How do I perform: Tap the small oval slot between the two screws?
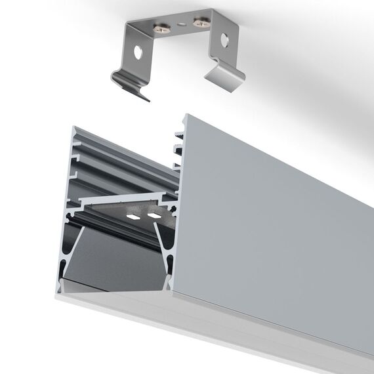[179, 24]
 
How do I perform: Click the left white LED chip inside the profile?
[133, 217]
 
